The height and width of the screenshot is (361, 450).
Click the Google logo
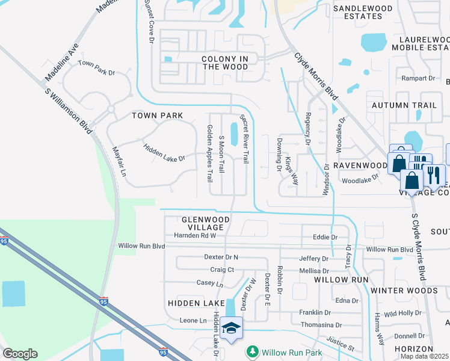(20, 354)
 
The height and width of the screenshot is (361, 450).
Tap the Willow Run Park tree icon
(253, 351)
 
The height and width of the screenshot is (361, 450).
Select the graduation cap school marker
(231, 328)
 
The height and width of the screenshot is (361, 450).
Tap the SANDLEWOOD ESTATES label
(363, 12)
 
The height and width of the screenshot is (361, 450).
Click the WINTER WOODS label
(404, 291)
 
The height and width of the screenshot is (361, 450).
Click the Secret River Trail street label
(245, 139)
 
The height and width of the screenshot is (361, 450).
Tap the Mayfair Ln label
(120, 162)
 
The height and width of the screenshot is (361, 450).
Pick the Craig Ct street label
(222, 270)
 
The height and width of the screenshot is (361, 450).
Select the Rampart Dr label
(418, 78)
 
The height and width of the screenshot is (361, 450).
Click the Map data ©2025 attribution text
(425, 356)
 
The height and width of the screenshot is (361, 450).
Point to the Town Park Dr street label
(96, 68)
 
